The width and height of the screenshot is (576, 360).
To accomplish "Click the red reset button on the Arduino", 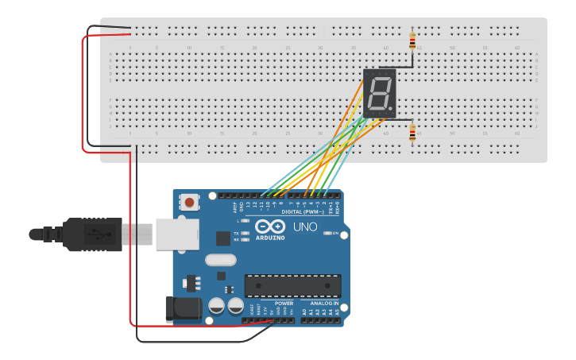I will pyautogui.click(x=190, y=203).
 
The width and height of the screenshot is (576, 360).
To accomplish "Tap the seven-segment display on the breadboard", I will pyautogui.click(x=380, y=94).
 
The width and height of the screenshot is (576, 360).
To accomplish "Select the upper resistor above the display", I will pyautogui.click(x=412, y=40).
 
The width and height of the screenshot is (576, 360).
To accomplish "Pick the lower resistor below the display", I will pyautogui.click(x=412, y=133).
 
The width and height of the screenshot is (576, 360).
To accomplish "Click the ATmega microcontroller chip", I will pyautogui.click(x=292, y=286).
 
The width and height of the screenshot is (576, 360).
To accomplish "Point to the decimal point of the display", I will pyautogui.click(x=392, y=110).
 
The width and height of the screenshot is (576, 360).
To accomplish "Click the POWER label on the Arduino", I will pyautogui.click(x=284, y=303).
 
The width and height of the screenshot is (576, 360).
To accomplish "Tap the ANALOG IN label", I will pyautogui.click(x=324, y=303).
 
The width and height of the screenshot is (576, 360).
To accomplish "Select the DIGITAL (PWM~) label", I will pyautogui.click(x=303, y=212).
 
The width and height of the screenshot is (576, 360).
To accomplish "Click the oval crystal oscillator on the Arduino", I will pyautogui.click(x=221, y=259).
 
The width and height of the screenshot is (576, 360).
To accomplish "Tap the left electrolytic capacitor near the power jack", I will pyautogui.click(x=216, y=306).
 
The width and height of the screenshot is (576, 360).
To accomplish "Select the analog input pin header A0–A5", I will pyautogui.click(x=322, y=319).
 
